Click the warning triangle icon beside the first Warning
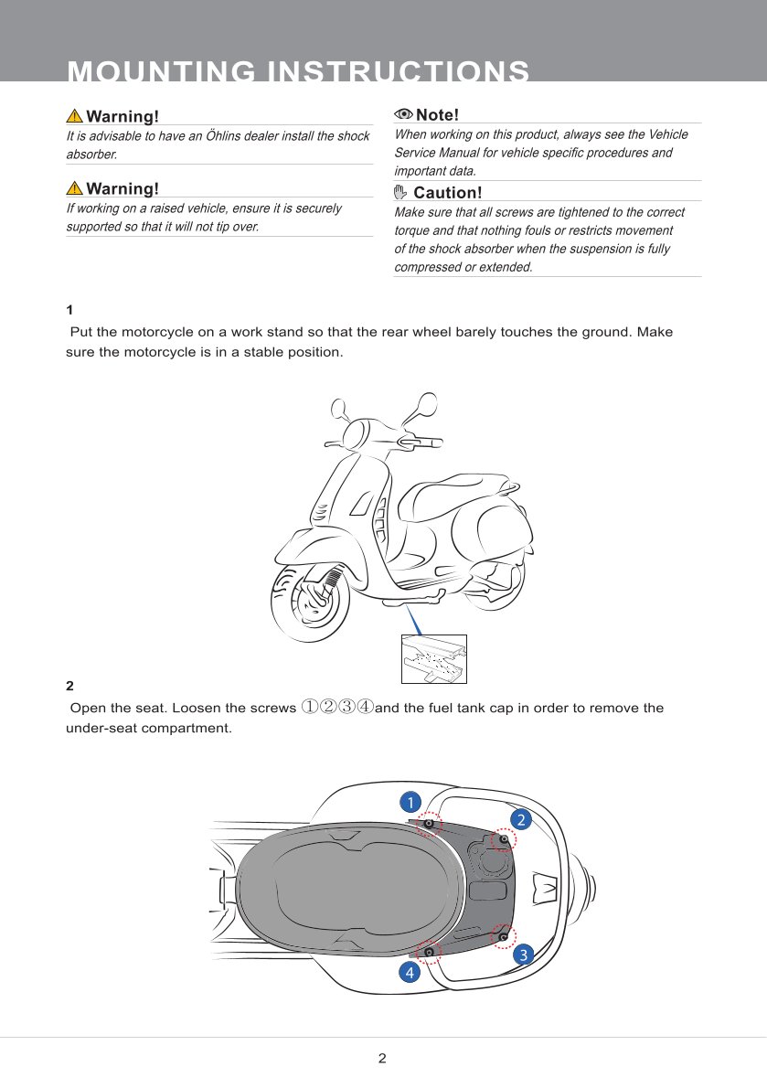(74, 116)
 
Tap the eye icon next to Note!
(403, 114)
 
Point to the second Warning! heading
(123, 188)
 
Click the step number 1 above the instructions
(69, 310)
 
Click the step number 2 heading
(69, 686)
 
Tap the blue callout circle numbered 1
(411, 802)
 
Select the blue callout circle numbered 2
(521, 818)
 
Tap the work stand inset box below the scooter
(434, 658)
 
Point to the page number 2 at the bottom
(382, 1059)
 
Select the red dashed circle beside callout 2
(503, 838)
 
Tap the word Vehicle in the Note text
(667, 134)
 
